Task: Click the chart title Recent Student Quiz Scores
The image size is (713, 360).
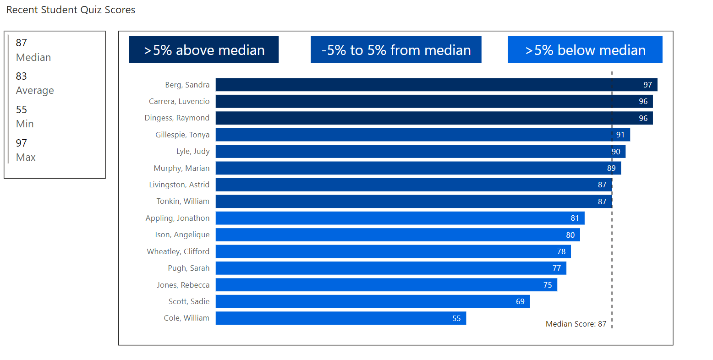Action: [x=71, y=10]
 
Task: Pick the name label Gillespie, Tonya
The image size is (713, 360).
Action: [x=182, y=135]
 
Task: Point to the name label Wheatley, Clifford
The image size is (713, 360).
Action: [x=178, y=251]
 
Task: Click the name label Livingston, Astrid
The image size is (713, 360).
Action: [x=179, y=185]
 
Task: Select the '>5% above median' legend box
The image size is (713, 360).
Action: [x=204, y=50]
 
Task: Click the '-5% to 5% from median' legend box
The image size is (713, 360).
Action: [x=396, y=50]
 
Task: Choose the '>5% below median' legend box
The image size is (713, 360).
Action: [x=585, y=50]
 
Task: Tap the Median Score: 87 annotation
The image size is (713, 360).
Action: [x=576, y=324]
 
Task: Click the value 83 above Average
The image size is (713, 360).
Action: [x=22, y=76]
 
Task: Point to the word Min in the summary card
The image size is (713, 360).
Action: [x=25, y=124]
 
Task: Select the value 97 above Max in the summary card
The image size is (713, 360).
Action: [x=22, y=143]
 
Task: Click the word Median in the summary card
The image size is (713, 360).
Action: [x=33, y=57]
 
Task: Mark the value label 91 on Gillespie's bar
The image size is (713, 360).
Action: [x=620, y=135]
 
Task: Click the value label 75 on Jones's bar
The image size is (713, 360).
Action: [x=548, y=285]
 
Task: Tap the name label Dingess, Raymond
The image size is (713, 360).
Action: [x=177, y=118]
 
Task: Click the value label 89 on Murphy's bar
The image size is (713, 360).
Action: [x=611, y=168]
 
